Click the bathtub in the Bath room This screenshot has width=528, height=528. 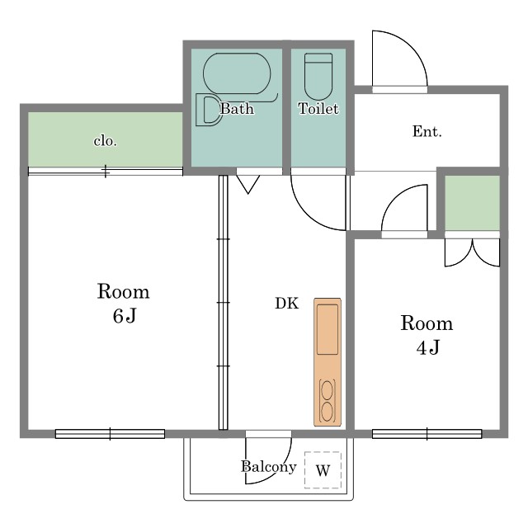pyautogui.click(x=237, y=73)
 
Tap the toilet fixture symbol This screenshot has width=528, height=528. pyautogui.click(x=318, y=77)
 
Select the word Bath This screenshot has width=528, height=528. pyautogui.click(x=237, y=109)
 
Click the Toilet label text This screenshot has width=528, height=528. pyautogui.click(x=318, y=108)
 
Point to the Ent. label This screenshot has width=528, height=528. pyautogui.click(x=427, y=131)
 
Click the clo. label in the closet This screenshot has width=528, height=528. pyautogui.click(x=106, y=141)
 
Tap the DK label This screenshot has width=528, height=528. pyautogui.click(x=287, y=303)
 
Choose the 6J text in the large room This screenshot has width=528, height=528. pyautogui.click(x=125, y=316)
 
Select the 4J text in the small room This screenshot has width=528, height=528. pyautogui.click(x=427, y=347)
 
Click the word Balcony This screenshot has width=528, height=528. pyautogui.click(x=269, y=467)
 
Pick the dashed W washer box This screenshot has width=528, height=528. pyautogui.click(x=323, y=469)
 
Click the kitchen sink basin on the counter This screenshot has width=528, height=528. pyautogui.click(x=328, y=329)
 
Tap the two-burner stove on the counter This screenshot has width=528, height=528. pyautogui.click(x=328, y=401)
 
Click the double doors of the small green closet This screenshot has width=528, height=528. pyautogui.click(x=472, y=252)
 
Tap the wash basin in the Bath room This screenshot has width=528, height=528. pyautogui.click(x=207, y=110)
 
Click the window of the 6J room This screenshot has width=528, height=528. pyautogui.click(x=110, y=434)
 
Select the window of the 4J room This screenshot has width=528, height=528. pyautogui.click(x=427, y=434)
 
